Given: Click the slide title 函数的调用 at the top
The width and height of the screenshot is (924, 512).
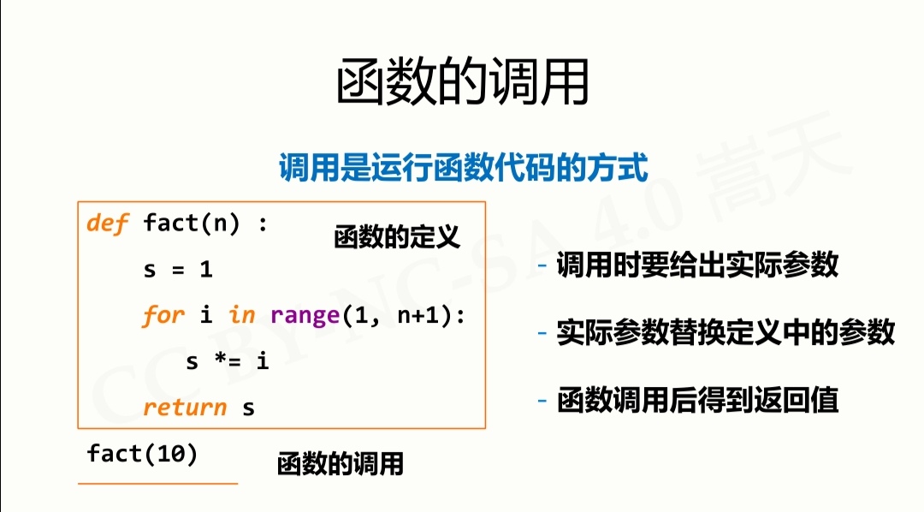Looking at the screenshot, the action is point(463,81).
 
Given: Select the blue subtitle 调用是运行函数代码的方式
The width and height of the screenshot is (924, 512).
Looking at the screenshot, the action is point(463,167).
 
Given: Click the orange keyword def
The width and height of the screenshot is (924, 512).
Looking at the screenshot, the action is point(107,223).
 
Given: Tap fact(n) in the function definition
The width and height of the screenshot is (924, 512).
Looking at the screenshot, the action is point(192,224).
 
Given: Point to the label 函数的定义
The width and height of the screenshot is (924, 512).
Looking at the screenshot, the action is point(397,237).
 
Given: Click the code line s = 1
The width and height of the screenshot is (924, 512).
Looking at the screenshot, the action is point(178,270).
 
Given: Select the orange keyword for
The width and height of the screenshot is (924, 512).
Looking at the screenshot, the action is point(163,316).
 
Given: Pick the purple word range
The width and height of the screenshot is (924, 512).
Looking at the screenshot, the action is point(305,316).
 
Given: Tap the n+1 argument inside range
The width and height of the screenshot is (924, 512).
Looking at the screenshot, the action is point(419,316).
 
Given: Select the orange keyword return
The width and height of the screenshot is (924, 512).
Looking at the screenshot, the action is point(185,408).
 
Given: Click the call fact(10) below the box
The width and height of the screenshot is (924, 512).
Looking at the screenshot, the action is point(142,454).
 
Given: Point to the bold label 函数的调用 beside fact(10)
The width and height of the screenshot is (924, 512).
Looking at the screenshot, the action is point(340,464).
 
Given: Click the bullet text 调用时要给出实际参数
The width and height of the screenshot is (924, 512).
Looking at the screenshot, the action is point(697,265).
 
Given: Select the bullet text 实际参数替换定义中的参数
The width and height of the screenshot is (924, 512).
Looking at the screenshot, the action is point(726,332).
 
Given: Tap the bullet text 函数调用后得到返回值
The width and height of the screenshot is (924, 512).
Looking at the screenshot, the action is point(697,401).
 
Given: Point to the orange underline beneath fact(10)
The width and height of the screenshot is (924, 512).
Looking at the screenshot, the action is point(158,484).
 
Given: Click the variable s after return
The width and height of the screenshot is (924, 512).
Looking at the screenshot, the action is point(249,408).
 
